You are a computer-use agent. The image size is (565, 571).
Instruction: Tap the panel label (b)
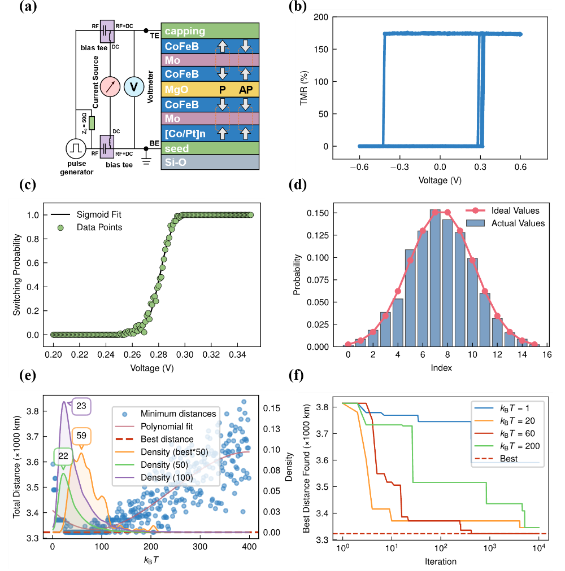(x=298, y=7)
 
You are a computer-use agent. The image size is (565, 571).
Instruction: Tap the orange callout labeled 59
(x=82, y=435)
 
